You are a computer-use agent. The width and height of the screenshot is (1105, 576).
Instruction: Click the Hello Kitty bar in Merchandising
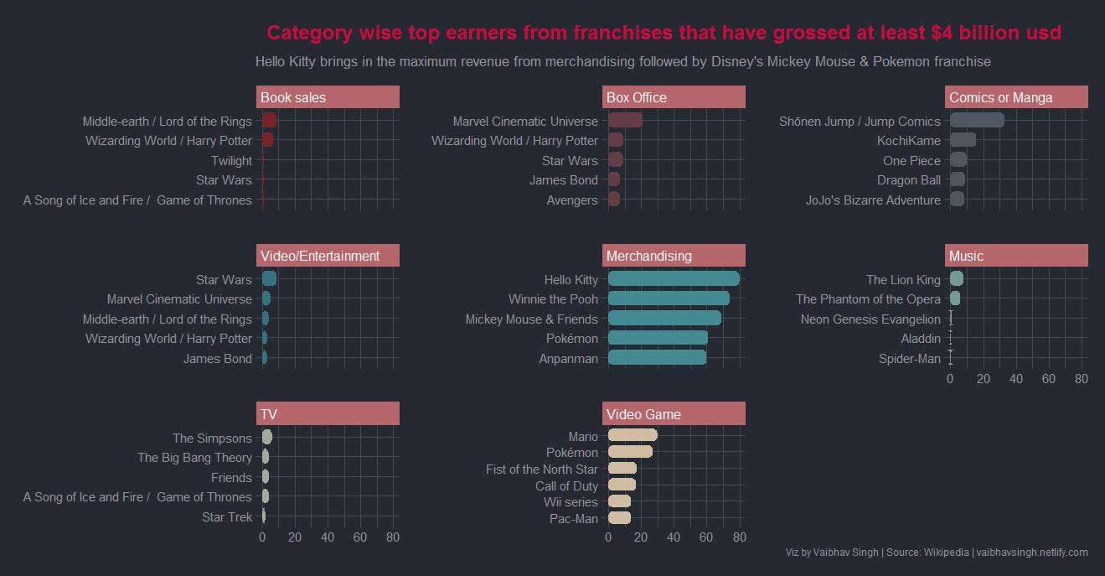click(x=674, y=279)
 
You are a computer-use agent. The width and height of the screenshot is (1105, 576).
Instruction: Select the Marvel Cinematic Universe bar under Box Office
click(x=625, y=121)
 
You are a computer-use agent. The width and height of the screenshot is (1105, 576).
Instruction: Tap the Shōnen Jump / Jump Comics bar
click(x=977, y=121)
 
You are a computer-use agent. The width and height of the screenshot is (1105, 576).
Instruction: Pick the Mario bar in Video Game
click(x=633, y=435)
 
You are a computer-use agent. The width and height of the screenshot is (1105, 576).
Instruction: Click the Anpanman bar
click(x=657, y=358)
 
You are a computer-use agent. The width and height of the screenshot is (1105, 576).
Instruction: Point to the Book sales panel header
click(x=328, y=97)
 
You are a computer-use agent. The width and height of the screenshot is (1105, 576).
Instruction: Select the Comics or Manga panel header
click(x=1016, y=97)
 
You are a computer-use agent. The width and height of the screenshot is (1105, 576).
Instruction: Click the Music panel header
click(x=1016, y=256)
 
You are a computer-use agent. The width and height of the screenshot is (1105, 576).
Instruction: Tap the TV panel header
click(x=328, y=414)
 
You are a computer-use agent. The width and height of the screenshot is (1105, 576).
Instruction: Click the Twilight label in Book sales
click(x=231, y=161)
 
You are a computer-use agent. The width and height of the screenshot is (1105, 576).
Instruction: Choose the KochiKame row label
click(x=909, y=141)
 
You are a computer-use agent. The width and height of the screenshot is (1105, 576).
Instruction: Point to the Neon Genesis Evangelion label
click(x=870, y=319)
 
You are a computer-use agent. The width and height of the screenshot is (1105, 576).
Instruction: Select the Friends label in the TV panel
click(x=231, y=478)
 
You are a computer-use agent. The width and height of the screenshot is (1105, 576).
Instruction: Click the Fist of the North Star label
click(x=542, y=470)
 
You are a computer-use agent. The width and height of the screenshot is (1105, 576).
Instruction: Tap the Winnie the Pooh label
click(x=553, y=299)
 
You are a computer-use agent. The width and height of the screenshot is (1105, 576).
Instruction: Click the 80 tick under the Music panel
click(x=1081, y=379)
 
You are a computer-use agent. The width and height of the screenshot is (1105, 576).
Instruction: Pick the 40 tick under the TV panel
click(x=328, y=537)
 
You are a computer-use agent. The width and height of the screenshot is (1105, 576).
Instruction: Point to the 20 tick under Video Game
click(x=641, y=537)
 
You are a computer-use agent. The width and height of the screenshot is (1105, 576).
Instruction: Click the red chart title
click(x=664, y=33)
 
